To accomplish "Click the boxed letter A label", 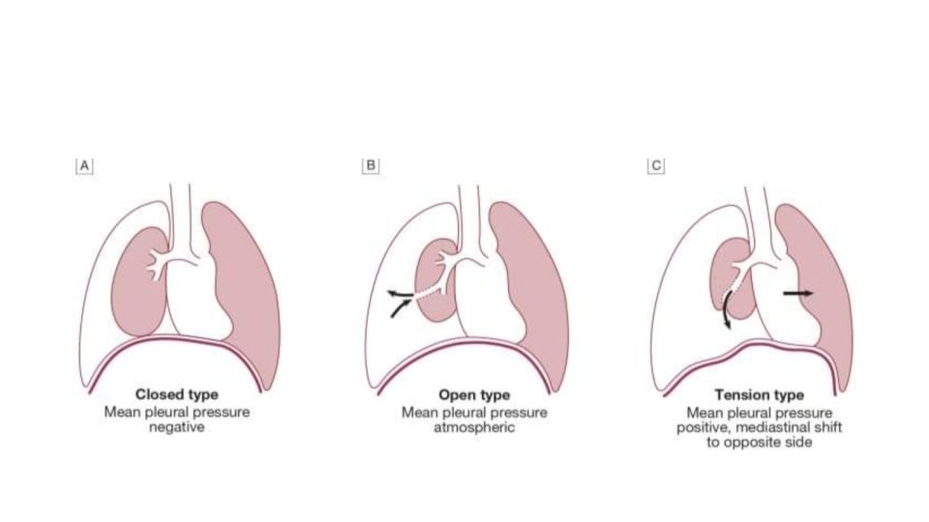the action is (x=85, y=165).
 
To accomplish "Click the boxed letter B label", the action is (x=370, y=165).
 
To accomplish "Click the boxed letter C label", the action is (x=655, y=165).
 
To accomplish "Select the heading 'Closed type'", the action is (x=176, y=394).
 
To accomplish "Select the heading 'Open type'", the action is (x=474, y=394).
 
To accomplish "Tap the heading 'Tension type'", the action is (x=759, y=394).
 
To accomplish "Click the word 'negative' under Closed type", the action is (x=176, y=426).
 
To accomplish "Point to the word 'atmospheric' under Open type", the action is (x=474, y=426).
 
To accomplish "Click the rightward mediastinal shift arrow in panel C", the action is (x=797, y=292).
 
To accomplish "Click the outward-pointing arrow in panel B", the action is (x=398, y=290).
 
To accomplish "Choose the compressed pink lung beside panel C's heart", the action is (x=823, y=290).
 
